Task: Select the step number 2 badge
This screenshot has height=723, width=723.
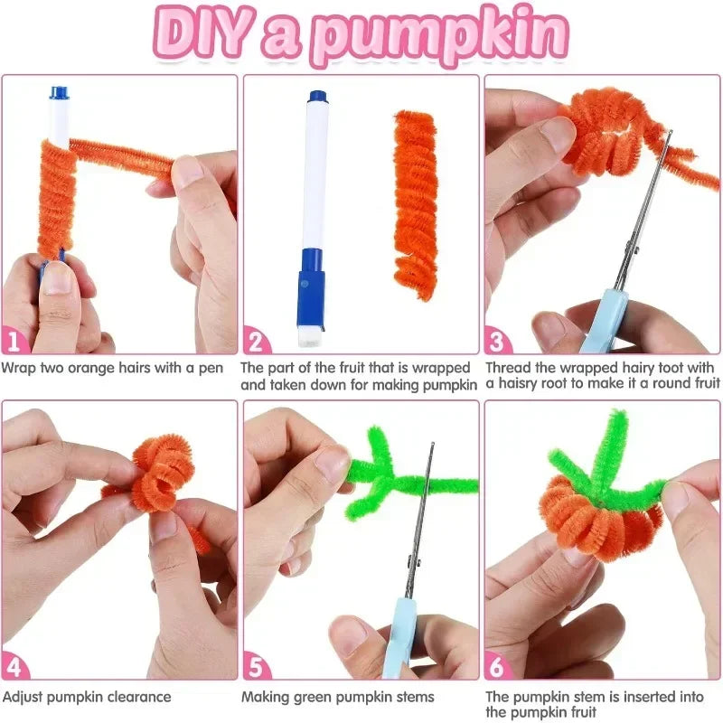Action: (258, 342)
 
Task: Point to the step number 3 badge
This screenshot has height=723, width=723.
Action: (499, 342)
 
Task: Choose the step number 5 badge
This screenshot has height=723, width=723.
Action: (258, 668)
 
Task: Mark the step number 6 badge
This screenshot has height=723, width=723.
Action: (499, 668)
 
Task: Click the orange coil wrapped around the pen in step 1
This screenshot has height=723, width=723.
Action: (57, 199)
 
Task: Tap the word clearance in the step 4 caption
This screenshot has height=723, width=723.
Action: (136, 697)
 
